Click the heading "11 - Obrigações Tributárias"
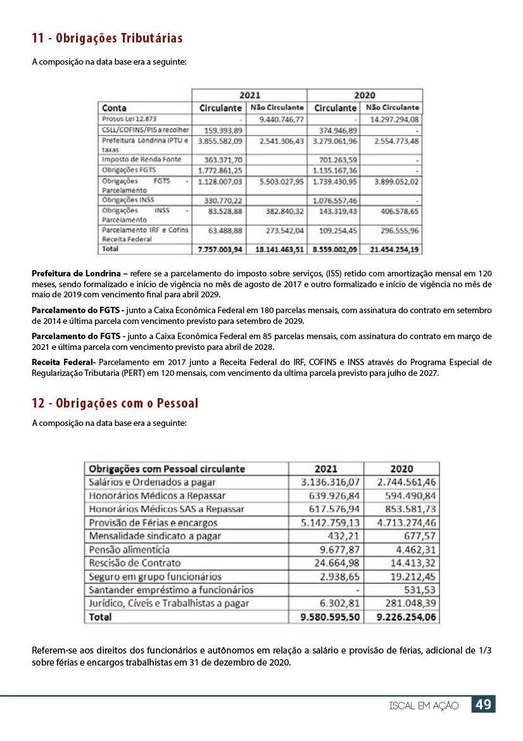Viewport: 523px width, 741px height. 107,39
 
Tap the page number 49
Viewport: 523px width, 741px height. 483,704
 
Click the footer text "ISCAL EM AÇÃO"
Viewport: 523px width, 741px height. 424,706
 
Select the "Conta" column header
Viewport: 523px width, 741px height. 115,108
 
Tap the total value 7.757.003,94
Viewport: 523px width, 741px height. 220,250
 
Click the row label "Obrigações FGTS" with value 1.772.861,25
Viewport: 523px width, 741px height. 129,171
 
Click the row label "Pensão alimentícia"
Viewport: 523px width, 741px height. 129,549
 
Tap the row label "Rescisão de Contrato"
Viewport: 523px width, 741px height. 134,562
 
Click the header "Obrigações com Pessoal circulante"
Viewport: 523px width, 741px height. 167,469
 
